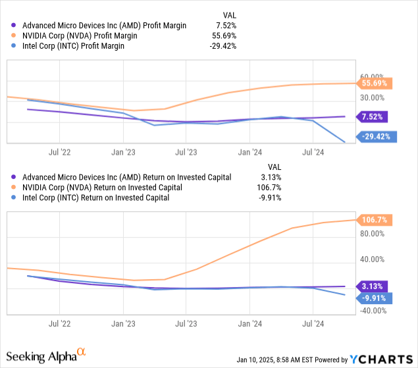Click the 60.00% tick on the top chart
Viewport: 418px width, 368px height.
coord(373,76)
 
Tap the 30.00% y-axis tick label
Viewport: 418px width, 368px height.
coord(373,97)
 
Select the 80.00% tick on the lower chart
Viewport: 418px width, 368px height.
coord(373,234)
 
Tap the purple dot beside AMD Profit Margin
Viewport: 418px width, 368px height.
coord(14,26)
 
